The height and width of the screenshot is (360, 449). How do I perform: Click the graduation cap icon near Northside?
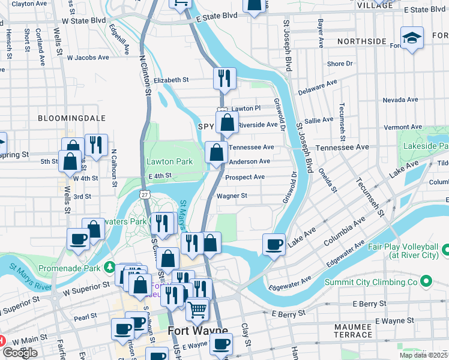412,38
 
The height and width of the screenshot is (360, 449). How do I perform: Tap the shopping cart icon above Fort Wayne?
197,310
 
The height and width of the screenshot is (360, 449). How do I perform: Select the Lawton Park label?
170,161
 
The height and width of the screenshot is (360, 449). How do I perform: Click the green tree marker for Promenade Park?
109,266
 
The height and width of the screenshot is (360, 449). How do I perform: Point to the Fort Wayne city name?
197,331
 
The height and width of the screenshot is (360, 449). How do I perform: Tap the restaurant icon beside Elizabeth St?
224,78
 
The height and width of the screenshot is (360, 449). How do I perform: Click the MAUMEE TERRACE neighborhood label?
354,329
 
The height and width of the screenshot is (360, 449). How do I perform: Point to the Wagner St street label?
232,196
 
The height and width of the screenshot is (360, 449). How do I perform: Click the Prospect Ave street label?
245,178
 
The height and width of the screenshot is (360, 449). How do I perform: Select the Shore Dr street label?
340,64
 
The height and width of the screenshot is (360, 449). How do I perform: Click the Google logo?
20,353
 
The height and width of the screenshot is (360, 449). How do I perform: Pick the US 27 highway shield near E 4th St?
144,194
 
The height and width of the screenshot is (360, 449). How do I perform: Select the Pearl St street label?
86,316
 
